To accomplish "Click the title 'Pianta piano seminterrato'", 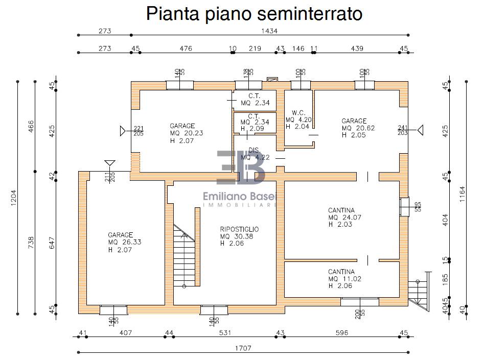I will click(254, 14).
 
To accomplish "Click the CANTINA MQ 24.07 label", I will click(344, 217).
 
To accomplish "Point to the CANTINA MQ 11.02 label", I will click(344, 279).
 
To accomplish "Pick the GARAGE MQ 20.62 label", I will click(358, 128).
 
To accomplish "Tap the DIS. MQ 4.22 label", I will click(255, 153).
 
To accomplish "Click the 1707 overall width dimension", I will click(243, 348).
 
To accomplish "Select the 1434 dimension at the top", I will click(269, 31).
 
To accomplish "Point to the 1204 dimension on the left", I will click(14, 198).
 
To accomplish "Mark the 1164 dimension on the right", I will click(462, 194).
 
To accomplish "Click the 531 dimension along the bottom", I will click(225, 333).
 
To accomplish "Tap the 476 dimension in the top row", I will click(186, 49).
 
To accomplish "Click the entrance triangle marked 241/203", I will click(420, 130).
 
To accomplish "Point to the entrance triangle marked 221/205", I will click(123, 131).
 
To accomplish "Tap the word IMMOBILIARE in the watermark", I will click(240, 205).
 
